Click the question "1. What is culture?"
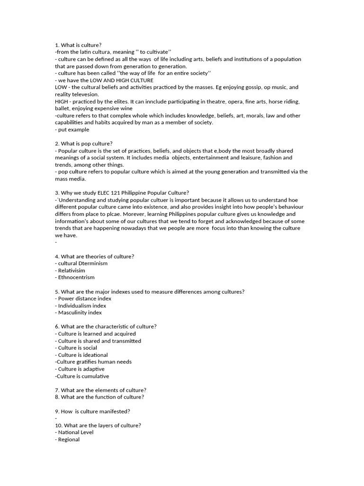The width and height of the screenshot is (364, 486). click(x=78, y=45)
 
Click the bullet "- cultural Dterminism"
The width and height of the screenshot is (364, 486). click(x=82, y=263)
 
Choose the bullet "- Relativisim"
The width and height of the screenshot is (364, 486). click(x=72, y=271)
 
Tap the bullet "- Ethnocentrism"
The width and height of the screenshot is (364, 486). click(x=75, y=277)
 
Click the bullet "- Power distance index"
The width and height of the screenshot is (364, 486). click(x=83, y=299)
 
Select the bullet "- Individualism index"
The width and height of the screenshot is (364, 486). click(x=81, y=306)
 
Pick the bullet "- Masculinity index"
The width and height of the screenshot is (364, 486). click(x=78, y=313)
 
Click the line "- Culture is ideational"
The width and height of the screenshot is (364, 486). click(x=82, y=355)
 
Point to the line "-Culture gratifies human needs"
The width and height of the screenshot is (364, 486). click(x=93, y=362)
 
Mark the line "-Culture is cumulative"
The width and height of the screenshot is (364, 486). click(x=82, y=376)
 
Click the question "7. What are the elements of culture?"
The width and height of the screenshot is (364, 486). click(x=101, y=390)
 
